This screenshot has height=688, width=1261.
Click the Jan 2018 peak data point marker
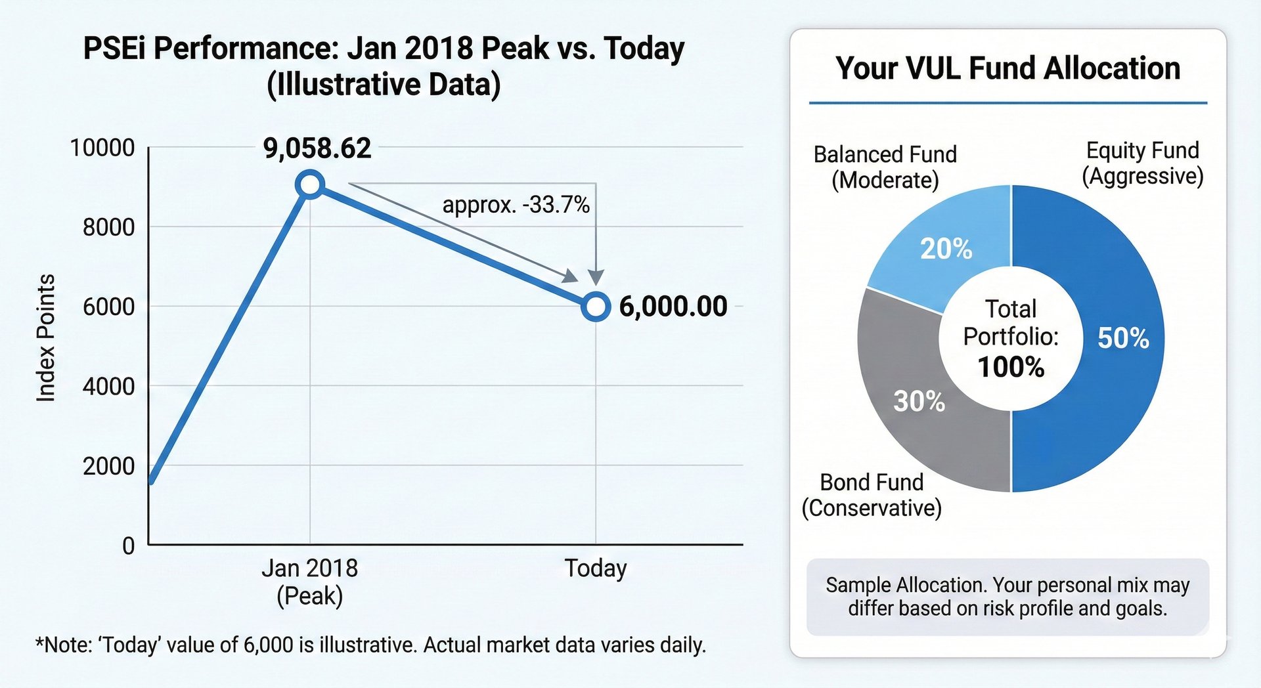click(310, 184)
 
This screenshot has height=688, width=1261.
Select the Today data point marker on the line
click(596, 307)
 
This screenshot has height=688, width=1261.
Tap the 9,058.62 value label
click(317, 148)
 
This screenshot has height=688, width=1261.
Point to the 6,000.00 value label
click(673, 307)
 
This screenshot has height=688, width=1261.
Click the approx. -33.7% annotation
click(516, 205)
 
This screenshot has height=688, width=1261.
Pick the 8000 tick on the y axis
click(108, 227)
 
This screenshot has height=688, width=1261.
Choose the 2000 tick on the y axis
click(108, 466)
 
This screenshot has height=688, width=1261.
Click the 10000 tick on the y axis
click(102, 148)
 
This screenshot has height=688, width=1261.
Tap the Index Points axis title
click(45, 337)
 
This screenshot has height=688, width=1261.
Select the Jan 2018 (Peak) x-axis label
click(310, 582)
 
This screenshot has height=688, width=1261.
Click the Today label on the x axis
click(596, 568)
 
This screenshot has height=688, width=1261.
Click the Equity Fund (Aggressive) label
click(1143, 163)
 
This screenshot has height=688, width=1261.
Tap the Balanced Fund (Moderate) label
click(885, 167)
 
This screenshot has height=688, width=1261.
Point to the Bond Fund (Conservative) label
click(872, 495)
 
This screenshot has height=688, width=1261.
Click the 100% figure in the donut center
click(1011, 367)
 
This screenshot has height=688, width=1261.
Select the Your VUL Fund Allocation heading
click(1007, 68)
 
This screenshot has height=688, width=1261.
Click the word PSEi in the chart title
click(114, 49)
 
